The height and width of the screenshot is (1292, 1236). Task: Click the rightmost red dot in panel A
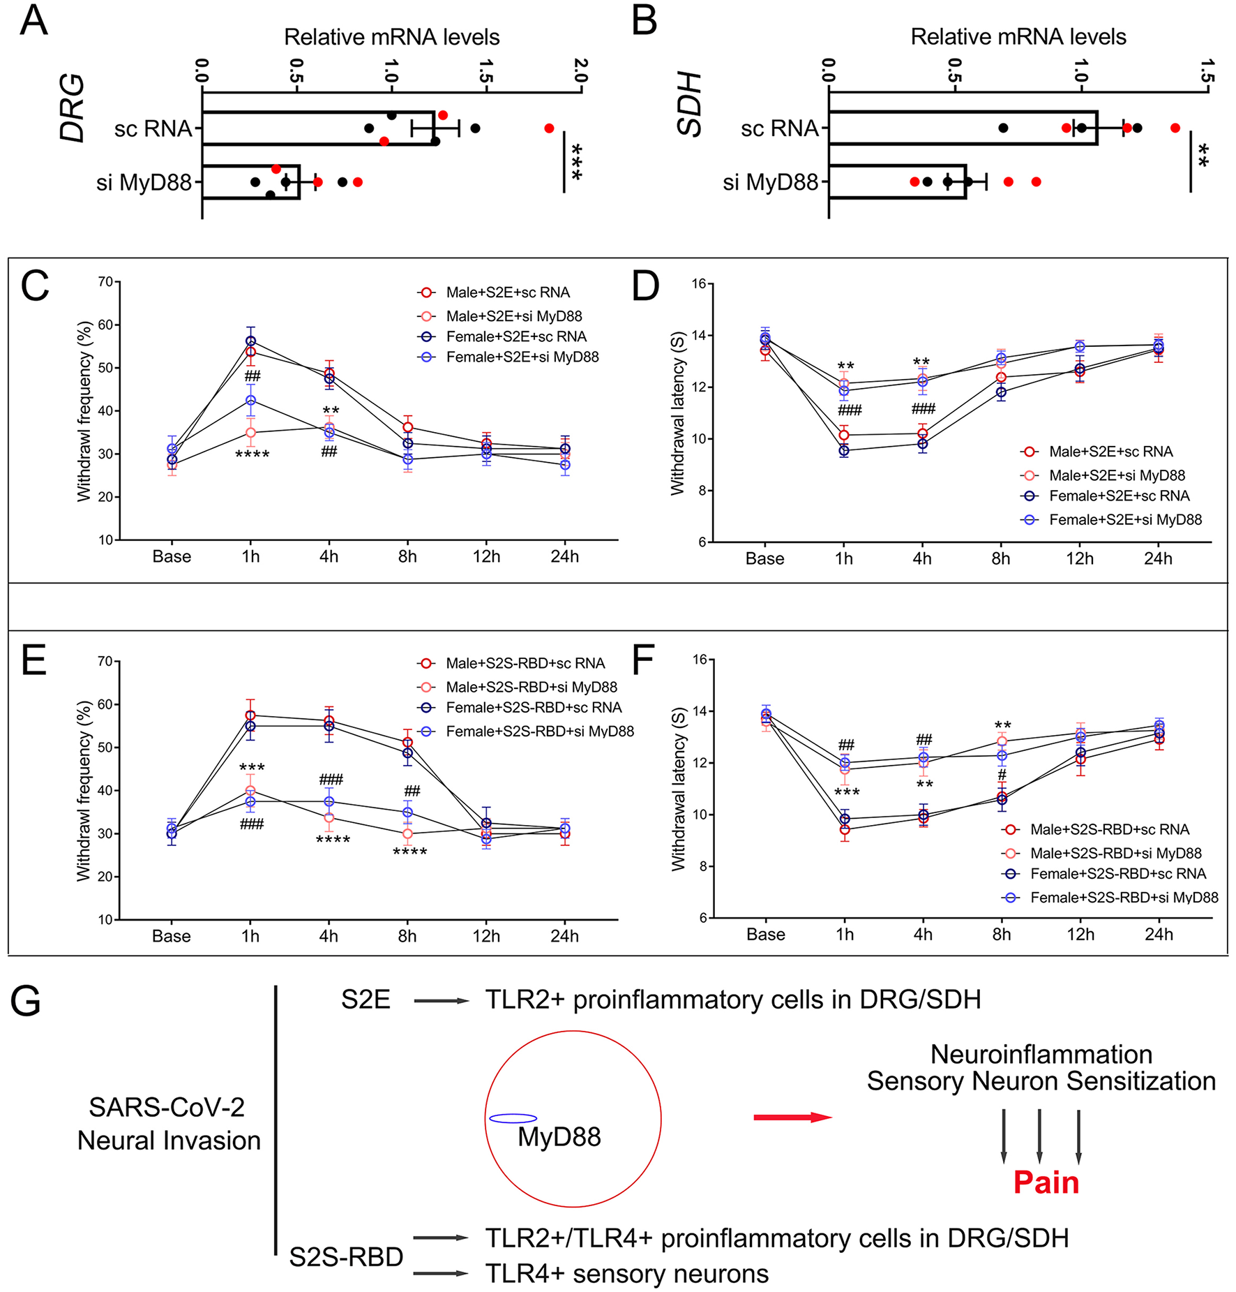pyautogui.click(x=549, y=128)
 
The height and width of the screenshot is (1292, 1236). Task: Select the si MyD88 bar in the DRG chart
pyautogui.click(x=251, y=182)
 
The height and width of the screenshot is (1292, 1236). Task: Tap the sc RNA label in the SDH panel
pyautogui.click(x=779, y=128)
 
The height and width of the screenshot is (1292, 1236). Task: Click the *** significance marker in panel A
pyautogui.click(x=576, y=162)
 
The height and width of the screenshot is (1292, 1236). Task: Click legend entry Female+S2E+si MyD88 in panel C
pyautogui.click(x=522, y=357)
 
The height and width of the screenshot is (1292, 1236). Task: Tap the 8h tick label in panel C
pyautogui.click(x=407, y=557)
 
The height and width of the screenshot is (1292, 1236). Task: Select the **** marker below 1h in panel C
pyautogui.click(x=252, y=456)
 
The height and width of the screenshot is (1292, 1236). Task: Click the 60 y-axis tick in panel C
pyautogui.click(x=105, y=325)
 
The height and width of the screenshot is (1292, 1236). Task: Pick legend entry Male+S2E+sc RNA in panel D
pyautogui.click(x=1110, y=452)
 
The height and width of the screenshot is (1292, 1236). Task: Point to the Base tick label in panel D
pyautogui.click(x=764, y=559)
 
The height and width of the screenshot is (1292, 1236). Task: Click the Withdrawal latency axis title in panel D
pyautogui.click(x=677, y=413)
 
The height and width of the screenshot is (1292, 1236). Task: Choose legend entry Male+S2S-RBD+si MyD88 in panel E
pyautogui.click(x=531, y=687)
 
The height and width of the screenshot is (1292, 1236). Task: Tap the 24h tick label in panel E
pyautogui.click(x=564, y=936)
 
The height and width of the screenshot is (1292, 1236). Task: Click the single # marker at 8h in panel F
pyautogui.click(x=1002, y=775)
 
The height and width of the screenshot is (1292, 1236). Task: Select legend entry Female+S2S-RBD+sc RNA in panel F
pyautogui.click(x=1117, y=874)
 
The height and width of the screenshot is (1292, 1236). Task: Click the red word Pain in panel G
pyautogui.click(x=1046, y=1182)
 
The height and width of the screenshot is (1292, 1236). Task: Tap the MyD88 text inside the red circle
pyautogui.click(x=559, y=1137)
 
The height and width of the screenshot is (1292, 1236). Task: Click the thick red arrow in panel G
pyautogui.click(x=792, y=1117)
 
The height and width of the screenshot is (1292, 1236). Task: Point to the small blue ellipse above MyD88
pyautogui.click(x=513, y=1118)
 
